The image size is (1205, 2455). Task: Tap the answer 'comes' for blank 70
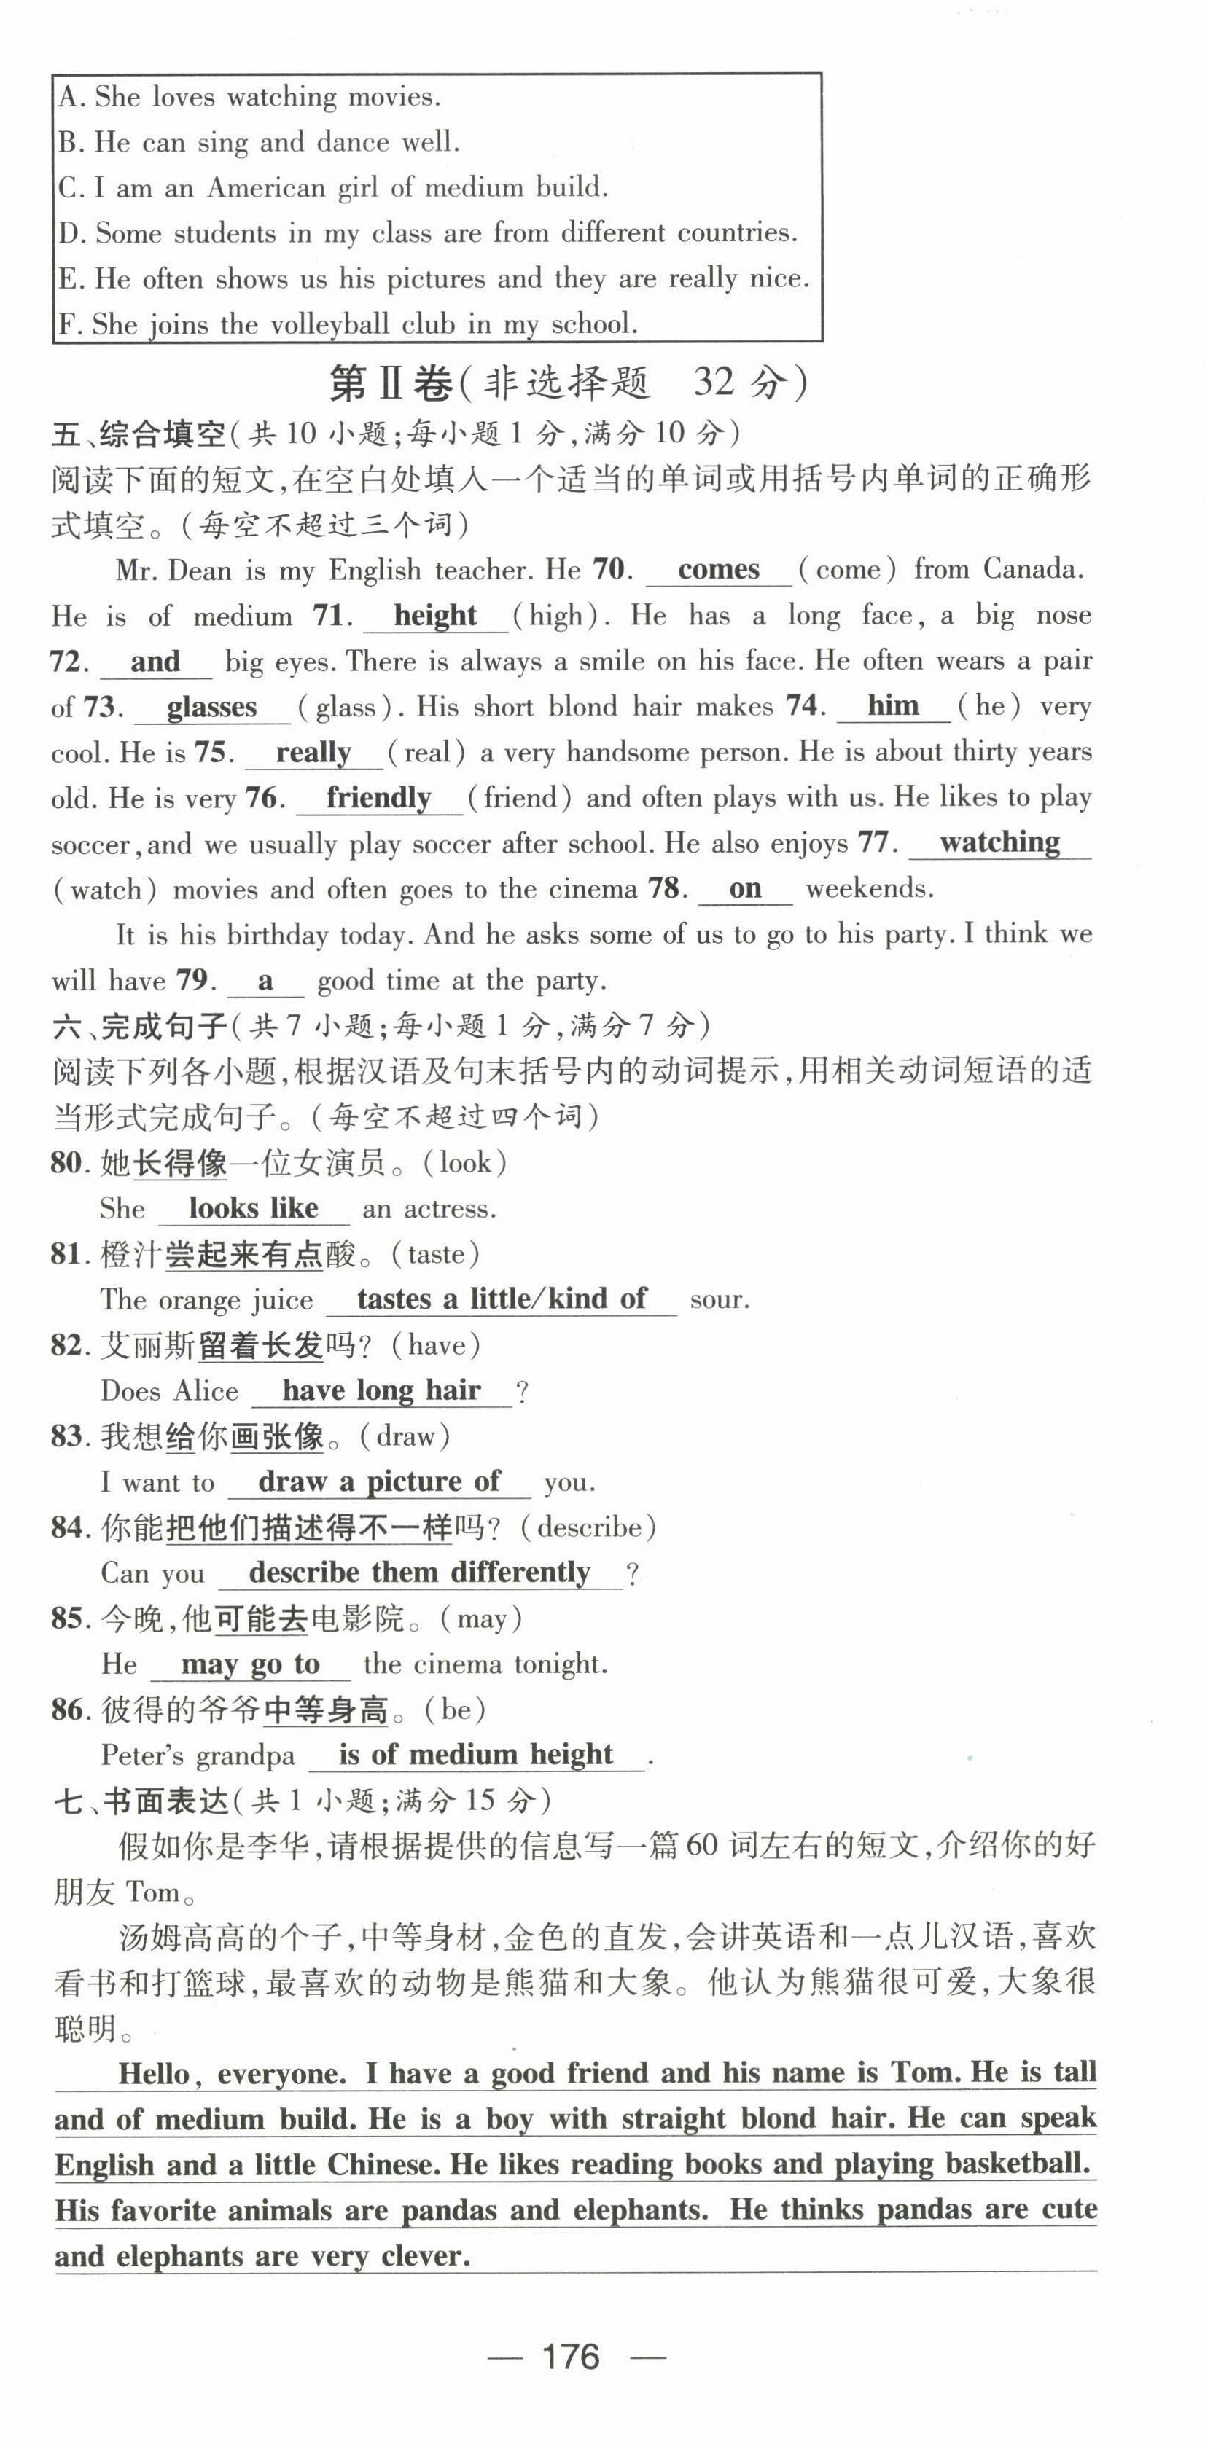tap(718, 569)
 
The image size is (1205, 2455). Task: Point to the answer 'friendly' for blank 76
tap(378, 798)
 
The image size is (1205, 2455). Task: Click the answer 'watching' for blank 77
tap(999, 842)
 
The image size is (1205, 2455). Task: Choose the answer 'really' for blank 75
tap(313, 753)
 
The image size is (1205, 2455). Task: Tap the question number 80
tap(69, 1163)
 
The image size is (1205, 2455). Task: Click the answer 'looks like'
tap(253, 1208)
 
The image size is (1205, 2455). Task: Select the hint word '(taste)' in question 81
tap(434, 1254)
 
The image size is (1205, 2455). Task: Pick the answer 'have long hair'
tap(381, 1390)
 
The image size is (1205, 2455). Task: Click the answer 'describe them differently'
tap(419, 1573)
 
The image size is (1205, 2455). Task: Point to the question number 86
tap(69, 1710)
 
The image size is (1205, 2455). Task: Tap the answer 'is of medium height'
tap(476, 1755)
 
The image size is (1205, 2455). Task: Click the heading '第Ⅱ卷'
tap(391, 383)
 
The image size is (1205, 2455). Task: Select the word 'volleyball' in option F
tap(331, 324)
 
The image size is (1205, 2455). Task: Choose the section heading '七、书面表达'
tap(141, 1801)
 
